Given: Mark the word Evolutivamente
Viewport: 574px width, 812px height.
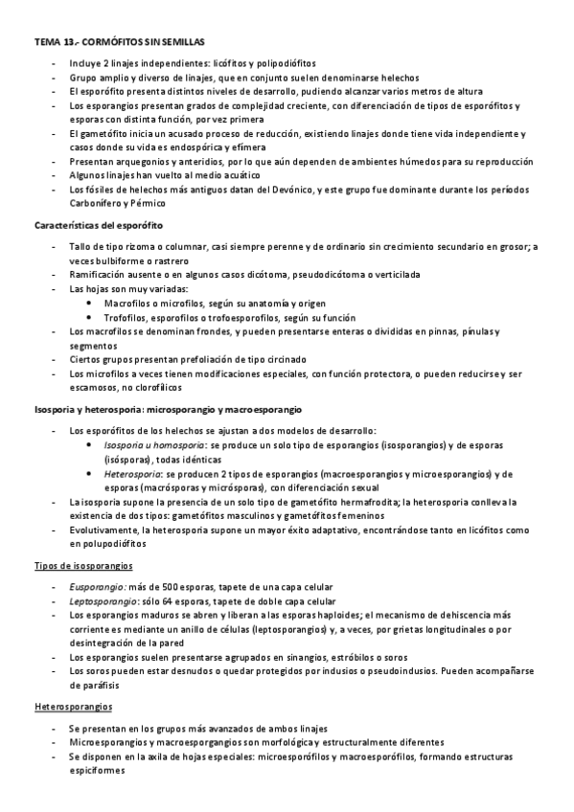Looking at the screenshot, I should (105, 529).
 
